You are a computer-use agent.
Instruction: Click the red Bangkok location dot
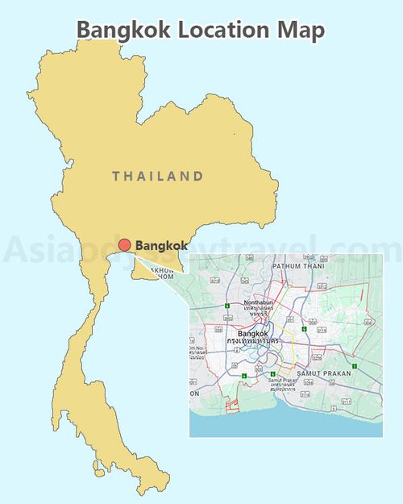(x=124, y=246)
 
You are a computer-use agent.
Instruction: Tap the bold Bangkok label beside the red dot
(x=161, y=245)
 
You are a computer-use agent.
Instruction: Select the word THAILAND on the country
(x=157, y=176)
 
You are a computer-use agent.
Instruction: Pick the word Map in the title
(x=305, y=30)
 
